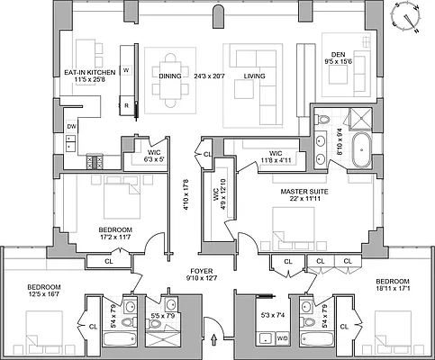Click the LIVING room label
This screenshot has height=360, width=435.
pyautogui.click(x=255, y=76)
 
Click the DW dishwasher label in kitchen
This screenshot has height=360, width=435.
pyautogui.click(x=71, y=127)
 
